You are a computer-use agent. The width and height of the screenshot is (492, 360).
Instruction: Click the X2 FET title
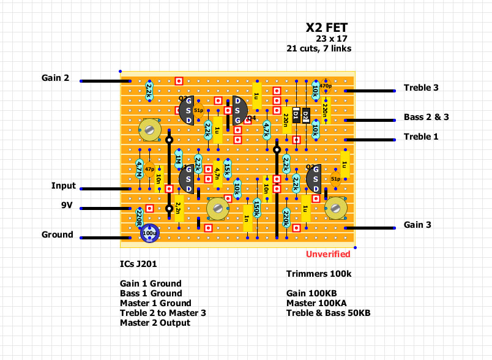click(x=327, y=28)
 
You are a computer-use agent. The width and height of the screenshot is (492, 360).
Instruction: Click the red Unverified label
click(x=328, y=254)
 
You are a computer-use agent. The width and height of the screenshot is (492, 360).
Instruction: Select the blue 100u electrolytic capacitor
click(x=150, y=233)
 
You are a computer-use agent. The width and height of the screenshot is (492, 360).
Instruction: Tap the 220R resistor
click(x=140, y=215)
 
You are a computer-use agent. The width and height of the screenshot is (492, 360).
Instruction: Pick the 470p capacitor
click(x=325, y=86)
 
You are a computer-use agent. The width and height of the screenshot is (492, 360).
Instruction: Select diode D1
click(x=296, y=114)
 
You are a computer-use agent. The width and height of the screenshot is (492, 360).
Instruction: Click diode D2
click(x=306, y=114)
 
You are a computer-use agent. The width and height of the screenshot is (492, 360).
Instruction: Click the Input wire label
click(x=64, y=186)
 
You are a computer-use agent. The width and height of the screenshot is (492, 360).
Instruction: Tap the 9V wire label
click(x=67, y=206)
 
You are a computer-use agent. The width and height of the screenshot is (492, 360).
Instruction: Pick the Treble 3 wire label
click(x=421, y=88)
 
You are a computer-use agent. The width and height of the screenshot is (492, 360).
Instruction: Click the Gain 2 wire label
click(x=55, y=78)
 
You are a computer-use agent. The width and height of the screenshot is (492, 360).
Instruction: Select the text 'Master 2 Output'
click(x=155, y=323)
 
